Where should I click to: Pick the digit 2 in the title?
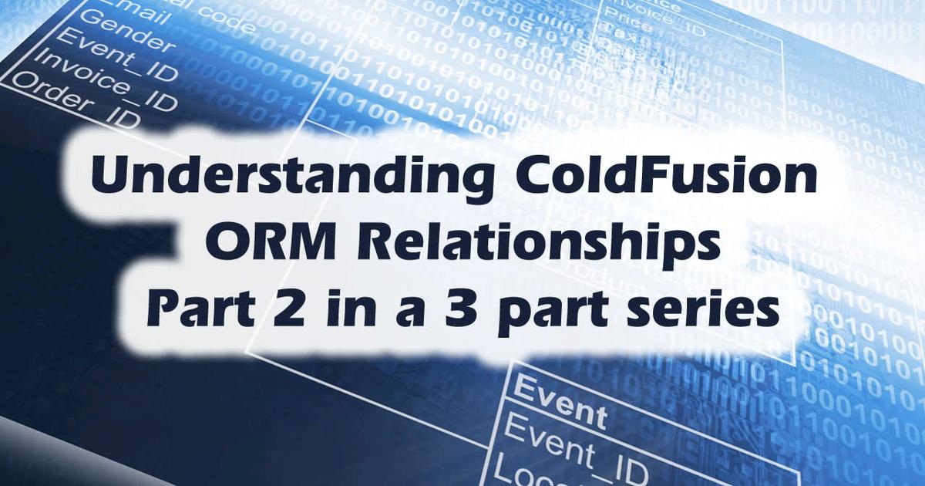coord(271,313)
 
